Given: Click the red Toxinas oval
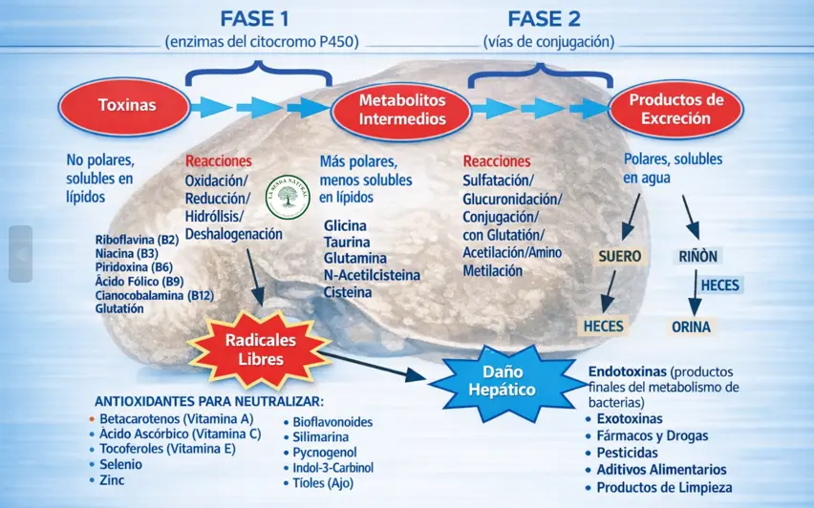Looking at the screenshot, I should pos(126,106).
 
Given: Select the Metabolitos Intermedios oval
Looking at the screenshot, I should pos(401,110).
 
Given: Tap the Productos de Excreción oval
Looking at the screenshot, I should pos(675,110).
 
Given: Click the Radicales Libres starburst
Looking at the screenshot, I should pos(260,349).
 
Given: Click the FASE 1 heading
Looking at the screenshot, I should pos(257,19).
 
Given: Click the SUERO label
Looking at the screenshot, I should pos(619,257).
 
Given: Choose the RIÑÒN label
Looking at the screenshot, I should pos(697,256).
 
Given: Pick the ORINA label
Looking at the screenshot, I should pos(691,327).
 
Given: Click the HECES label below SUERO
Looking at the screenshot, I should pos(603,327).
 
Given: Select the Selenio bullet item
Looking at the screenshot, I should pos(120,464).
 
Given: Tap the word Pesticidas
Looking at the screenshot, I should pos(627,453).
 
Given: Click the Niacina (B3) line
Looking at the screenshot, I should pos(126,254).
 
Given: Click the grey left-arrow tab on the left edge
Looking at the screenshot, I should pos(20,254).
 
